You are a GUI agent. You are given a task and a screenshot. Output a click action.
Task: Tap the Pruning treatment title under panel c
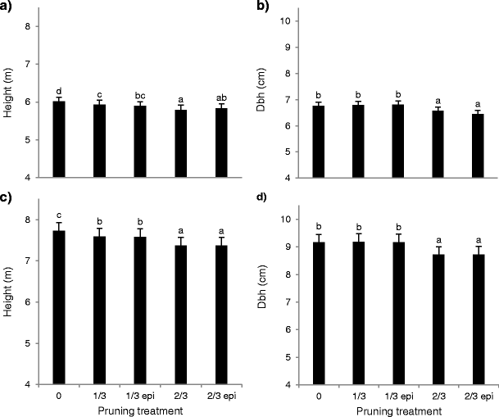pyautogui.click(x=139, y=410)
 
